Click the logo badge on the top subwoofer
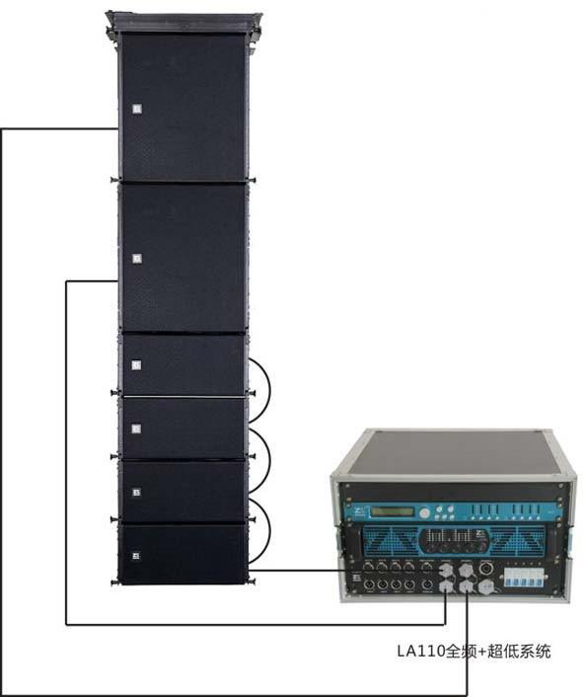pos(137,109)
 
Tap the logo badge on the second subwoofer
pos(137,259)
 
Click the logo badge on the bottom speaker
pos(136,556)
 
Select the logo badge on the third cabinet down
pos(137,365)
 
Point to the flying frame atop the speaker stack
pos(183,23)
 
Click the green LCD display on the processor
pos(392,511)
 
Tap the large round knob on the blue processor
pos(425,513)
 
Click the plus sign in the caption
pos(480,652)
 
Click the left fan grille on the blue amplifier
pos(392,540)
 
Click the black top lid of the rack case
pos(451,453)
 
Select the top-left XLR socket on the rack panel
pos(368,567)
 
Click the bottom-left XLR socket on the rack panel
pos(369,585)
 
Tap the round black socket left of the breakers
pos(486,568)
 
